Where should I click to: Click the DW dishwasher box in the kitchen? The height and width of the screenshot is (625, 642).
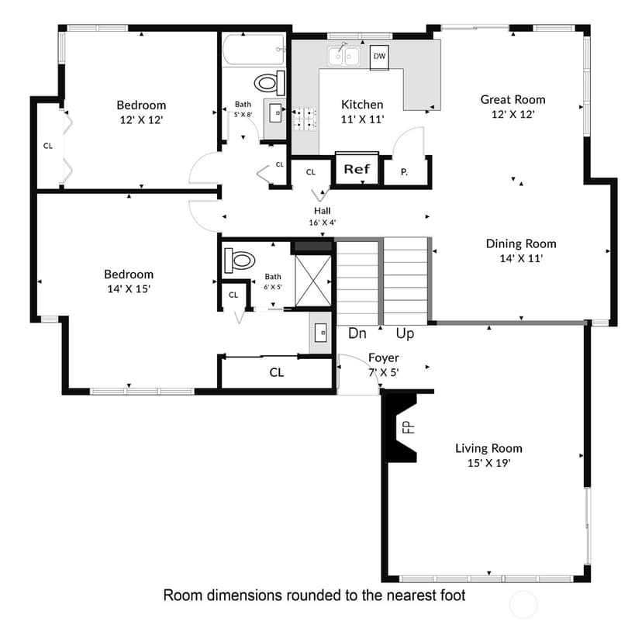pyautogui.click(x=380, y=57)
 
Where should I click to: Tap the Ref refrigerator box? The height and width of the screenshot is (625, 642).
pyautogui.click(x=357, y=168)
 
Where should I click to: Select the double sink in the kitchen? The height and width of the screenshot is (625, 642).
pyautogui.click(x=344, y=56)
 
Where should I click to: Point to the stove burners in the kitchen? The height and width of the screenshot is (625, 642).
pyautogui.click(x=304, y=119)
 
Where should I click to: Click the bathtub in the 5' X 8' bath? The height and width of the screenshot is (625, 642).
pyautogui.click(x=254, y=50)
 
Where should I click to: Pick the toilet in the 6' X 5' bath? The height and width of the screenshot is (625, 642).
pyautogui.click(x=240, y=260)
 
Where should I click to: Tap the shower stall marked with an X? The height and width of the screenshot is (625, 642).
pyautogui.click(x=312, y=281)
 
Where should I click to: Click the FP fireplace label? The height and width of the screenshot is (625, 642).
pyautogui.click(x=409, y=427)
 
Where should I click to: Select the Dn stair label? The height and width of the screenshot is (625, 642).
pyautogui.click(x=357, y=333)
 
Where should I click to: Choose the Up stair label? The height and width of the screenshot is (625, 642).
pyautogui.click(x=405, y=333)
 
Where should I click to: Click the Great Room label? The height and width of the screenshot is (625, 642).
pyautogui.click(x=513, y=99)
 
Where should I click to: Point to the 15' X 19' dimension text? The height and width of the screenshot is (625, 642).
pyautogui.click(x=489, y=463)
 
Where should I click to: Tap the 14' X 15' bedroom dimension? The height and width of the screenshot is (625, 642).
pyautogui.click(x=129, y=288)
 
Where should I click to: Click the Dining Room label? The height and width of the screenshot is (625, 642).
pyautogui.click(x=521, y=243)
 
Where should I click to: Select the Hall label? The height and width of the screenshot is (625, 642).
pyautogui.click(x=323, y=211)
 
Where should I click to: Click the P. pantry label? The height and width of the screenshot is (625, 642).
pyautogui.click(x=404, y=172)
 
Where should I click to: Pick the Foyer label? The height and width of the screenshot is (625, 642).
pyautogui.click(x=383, y=358)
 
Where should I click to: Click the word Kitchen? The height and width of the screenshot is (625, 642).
pyautogui.click(x=362, y=105)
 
